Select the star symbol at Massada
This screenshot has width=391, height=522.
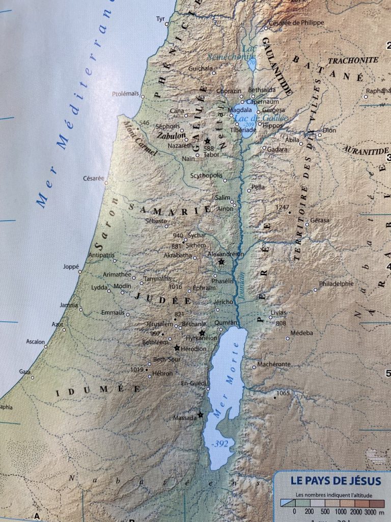click(201, 414)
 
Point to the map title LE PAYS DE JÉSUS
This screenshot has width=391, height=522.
click(336, 481)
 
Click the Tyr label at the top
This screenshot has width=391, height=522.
click(161, 19)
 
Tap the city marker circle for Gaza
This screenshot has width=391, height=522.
click(32, 378)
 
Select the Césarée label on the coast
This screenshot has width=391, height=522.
click(93, 178)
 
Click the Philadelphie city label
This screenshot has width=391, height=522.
click(336, 284)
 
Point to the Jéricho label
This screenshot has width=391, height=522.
click(223, 302)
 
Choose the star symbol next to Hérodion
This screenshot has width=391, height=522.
click(177, 348)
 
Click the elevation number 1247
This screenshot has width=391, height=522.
click(282, 207)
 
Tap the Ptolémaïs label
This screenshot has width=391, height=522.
click(125, 94)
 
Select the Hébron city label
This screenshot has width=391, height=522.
click(163, 374)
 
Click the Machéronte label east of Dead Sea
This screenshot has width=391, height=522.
click(274, 364)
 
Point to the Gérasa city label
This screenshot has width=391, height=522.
click(320, 220)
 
